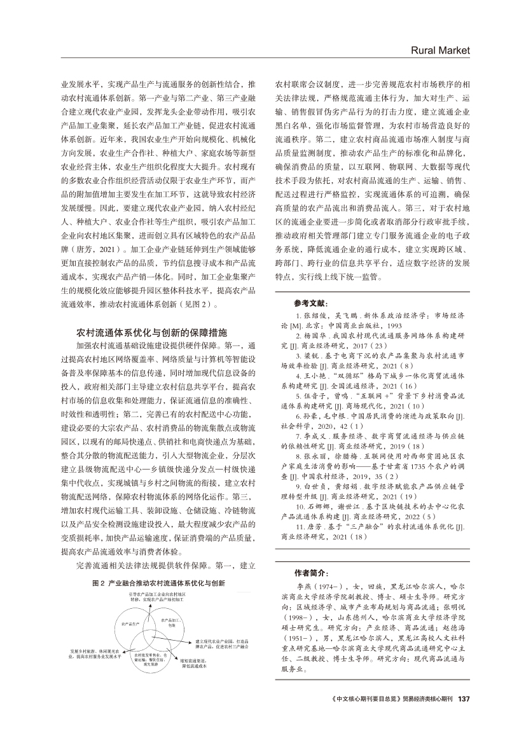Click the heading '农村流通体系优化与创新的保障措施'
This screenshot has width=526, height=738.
pyautogui.click(x=152, y=332)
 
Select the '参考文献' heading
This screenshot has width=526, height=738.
pyautogui.click(x=312, y=303)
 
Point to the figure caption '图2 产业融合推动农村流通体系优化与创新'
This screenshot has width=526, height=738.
pyautogui.click(x=159, y=581)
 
